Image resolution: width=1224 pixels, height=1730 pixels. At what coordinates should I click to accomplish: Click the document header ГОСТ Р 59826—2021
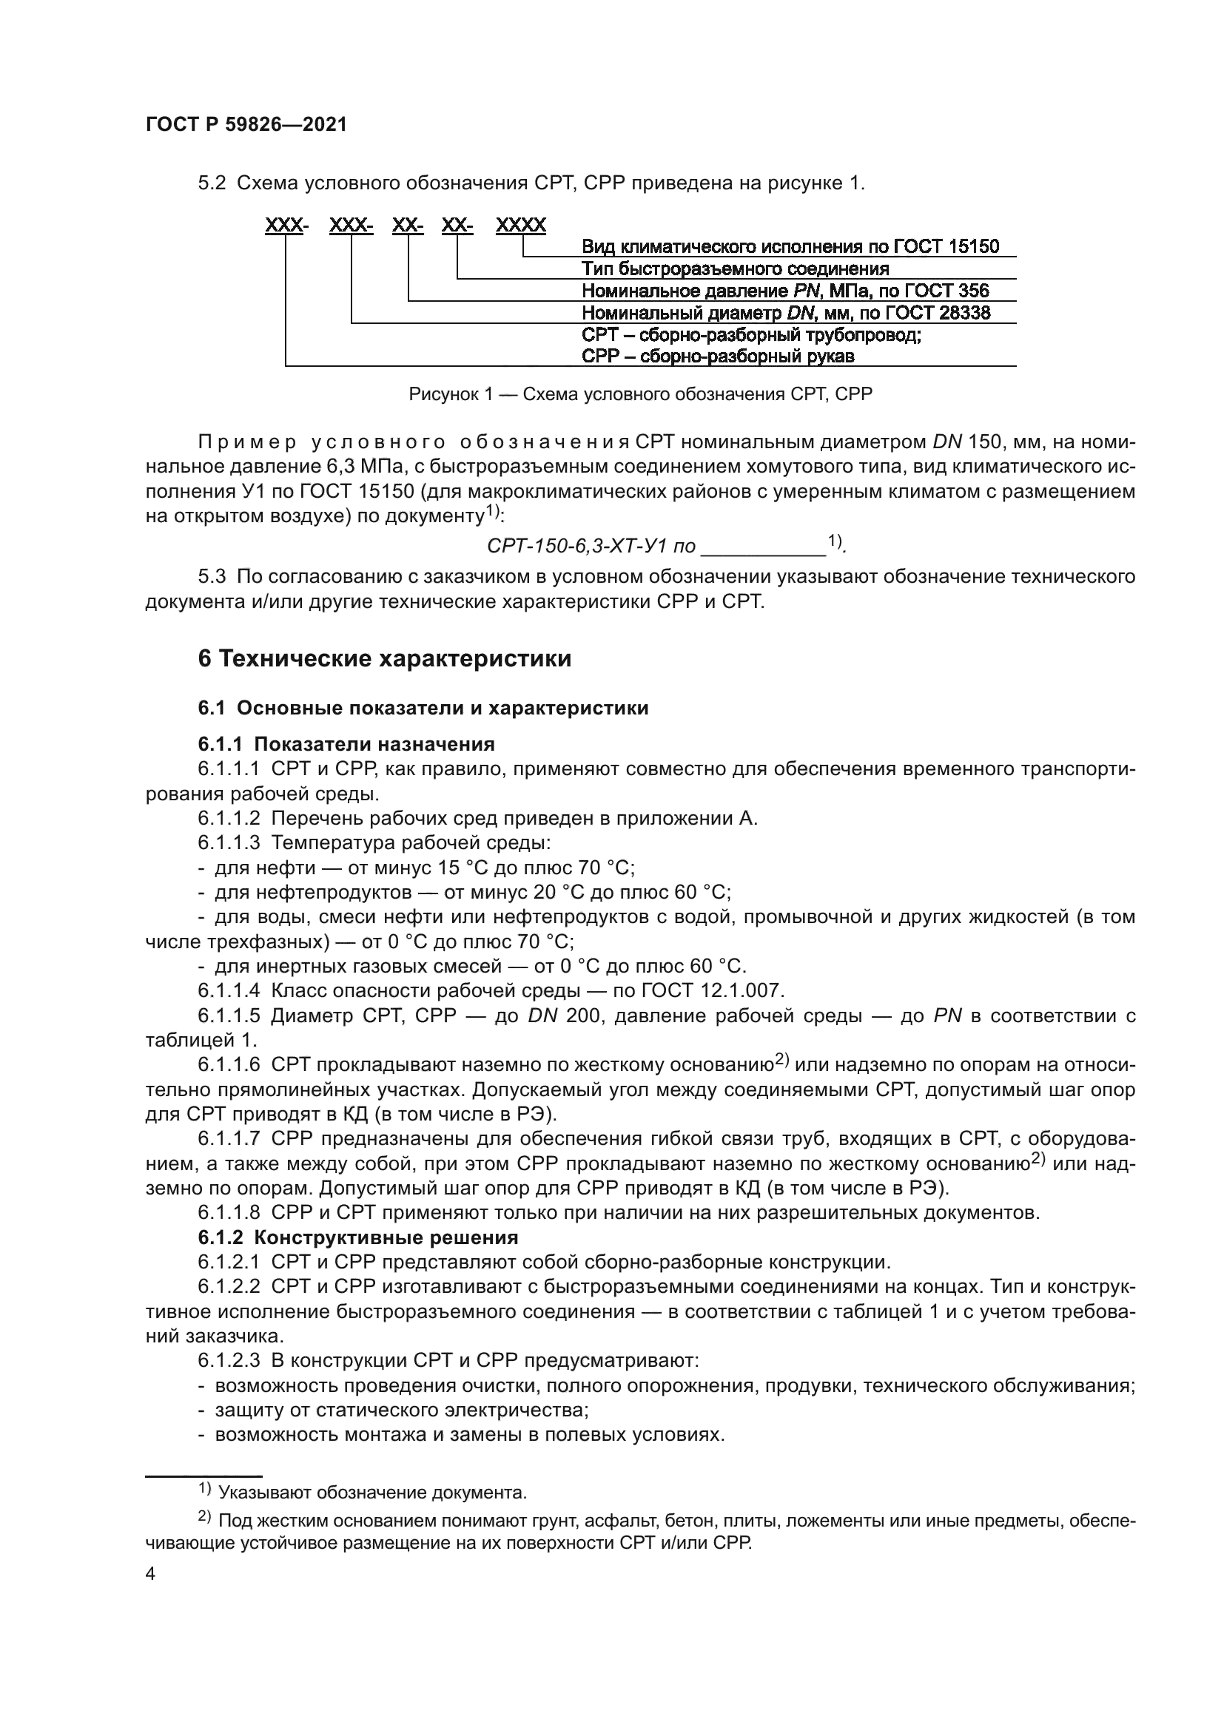pos(246,125)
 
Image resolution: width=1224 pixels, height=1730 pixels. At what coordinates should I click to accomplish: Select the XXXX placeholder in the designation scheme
pos(521,225)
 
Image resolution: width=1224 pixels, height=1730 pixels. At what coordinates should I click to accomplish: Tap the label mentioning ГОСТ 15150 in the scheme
pos(790,246)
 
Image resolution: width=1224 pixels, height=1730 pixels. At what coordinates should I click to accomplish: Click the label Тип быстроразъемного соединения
pos(735,268)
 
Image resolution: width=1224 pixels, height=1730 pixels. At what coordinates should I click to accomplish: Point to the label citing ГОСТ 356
pos(784,291)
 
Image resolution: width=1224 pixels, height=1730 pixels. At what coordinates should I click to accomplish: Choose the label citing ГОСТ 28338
pos(785,313)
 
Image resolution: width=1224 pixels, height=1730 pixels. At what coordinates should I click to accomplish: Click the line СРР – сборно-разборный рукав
pos(718,357)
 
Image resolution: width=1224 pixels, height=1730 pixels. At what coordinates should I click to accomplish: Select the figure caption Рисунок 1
pos(640,394)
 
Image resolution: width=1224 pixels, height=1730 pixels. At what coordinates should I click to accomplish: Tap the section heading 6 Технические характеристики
pos(384,658)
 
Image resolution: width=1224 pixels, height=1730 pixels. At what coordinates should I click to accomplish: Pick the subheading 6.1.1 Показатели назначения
pos(346,745)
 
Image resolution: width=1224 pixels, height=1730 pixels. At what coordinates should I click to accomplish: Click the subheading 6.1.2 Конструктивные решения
pos(358,1237)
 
